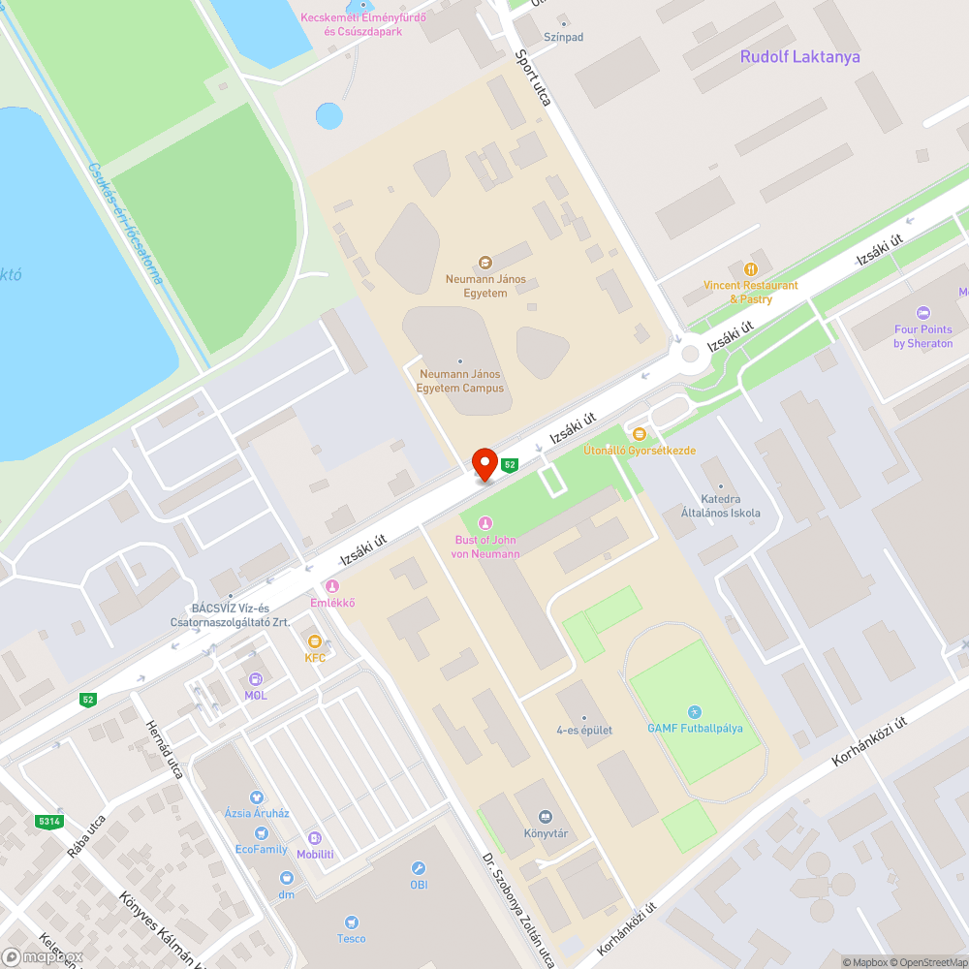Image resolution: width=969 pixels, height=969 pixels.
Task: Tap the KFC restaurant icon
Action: [x=314, y=641]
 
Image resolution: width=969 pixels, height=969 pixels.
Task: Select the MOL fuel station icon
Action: [x=256, y=679]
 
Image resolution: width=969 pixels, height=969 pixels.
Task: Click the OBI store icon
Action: [x=419, y=868]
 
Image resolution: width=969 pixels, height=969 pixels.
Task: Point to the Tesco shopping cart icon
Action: [x=352, y=922]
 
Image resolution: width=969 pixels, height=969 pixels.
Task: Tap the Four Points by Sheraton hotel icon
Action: [x=922, y=313]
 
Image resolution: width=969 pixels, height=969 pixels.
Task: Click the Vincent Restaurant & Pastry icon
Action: [x=750, y=268]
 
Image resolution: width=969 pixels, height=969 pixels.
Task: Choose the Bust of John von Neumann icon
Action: [x=485, y=523]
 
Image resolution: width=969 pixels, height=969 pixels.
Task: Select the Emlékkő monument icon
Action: [x=332, y=586]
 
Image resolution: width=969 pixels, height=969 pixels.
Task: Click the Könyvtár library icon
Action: [x=545, y=817]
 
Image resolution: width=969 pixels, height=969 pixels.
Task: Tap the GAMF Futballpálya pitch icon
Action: [x=694, y=712]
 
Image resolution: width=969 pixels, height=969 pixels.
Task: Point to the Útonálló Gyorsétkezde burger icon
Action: [x=639, y=434]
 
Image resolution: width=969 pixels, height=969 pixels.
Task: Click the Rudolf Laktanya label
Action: [x=799, y=56]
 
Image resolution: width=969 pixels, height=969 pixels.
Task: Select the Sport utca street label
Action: [x=534, y=78]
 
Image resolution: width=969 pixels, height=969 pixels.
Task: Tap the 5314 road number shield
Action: [x=48, y=822]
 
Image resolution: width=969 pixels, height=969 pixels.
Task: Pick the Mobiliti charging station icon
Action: [x=315, y=838]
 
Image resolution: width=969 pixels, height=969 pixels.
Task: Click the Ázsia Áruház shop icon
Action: [x=257, y=797]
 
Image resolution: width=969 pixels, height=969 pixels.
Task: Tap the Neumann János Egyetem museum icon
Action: [x=485, y=263]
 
